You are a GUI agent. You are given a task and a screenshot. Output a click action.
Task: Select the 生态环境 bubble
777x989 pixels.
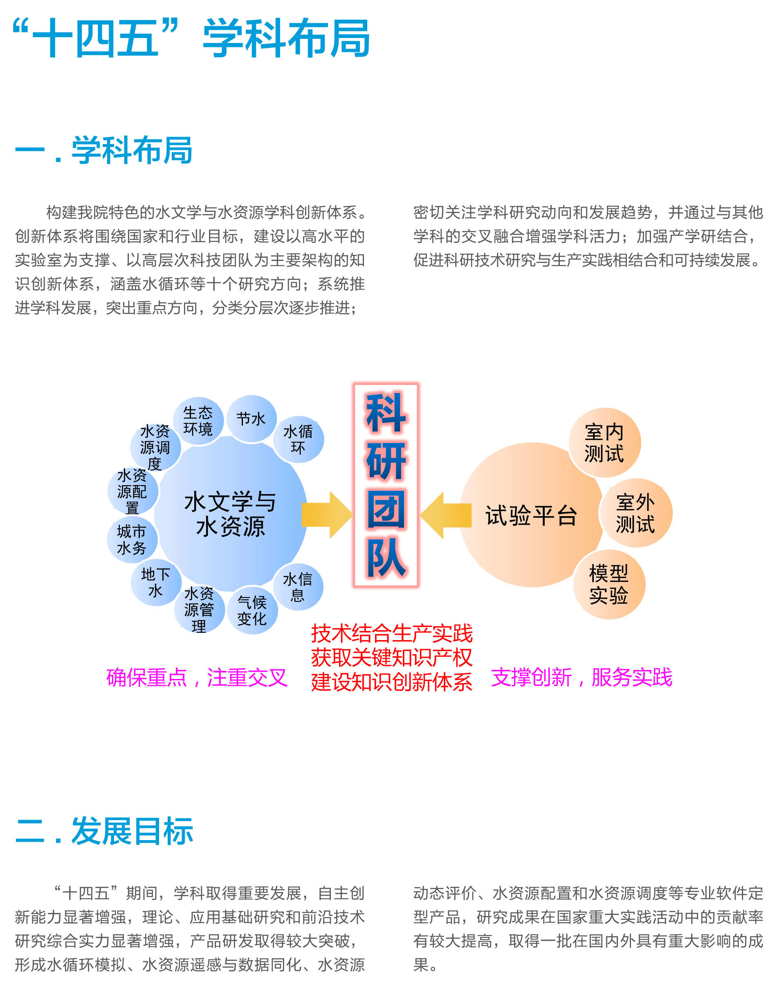coord(198,420)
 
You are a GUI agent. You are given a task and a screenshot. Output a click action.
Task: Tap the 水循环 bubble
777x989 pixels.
coord(298,439)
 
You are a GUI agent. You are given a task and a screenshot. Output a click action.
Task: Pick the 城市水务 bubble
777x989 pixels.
coord(132,539)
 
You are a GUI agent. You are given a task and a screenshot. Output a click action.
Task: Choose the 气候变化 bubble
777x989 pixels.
coord(252,610)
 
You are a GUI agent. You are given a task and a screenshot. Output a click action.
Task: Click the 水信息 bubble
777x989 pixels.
coord(298,587)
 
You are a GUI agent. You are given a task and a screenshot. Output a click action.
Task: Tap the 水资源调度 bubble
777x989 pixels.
coord(155,447)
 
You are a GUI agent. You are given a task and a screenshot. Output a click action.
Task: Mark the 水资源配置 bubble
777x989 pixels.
coord(133,491)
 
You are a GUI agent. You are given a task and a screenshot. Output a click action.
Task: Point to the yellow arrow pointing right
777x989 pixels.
coord(327,515)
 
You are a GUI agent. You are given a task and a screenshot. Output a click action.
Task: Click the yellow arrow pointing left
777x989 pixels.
coord(445,515)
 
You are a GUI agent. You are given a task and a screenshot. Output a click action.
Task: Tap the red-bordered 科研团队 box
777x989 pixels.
coord(386,485)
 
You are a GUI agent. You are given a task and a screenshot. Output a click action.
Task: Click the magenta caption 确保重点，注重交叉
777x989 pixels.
coord(197,677)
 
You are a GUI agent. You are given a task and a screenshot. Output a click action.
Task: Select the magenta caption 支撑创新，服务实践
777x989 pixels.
coord(582,677)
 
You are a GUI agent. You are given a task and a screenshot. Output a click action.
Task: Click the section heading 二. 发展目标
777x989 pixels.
coord(104,831)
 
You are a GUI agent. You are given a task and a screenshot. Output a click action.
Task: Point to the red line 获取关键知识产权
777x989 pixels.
coord(392,657)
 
